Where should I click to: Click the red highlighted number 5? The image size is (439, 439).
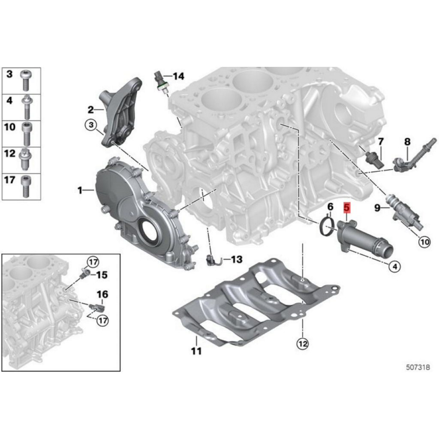coord(347,208)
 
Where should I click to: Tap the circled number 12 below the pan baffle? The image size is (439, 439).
coord(302,343)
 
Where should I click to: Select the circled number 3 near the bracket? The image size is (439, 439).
coord(91,125)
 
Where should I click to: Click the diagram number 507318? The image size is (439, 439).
coord(418,367)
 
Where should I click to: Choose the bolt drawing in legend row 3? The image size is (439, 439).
coord(26,80)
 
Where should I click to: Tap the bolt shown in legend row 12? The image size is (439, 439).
coord(25,159)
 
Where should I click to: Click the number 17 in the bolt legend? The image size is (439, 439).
coord(10,180)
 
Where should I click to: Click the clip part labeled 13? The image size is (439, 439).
coord(213,260)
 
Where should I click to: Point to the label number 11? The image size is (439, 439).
coord(196,351)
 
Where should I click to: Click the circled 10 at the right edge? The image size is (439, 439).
coord(424,241)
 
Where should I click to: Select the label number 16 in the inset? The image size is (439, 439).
coord(102,294)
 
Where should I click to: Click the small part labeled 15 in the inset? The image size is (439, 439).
coord(84,273)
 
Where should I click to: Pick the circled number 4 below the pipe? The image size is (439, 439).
coord(395,266)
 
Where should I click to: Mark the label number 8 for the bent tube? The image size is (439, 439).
coord(407,141)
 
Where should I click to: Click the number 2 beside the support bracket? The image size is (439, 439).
coord(90,110)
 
